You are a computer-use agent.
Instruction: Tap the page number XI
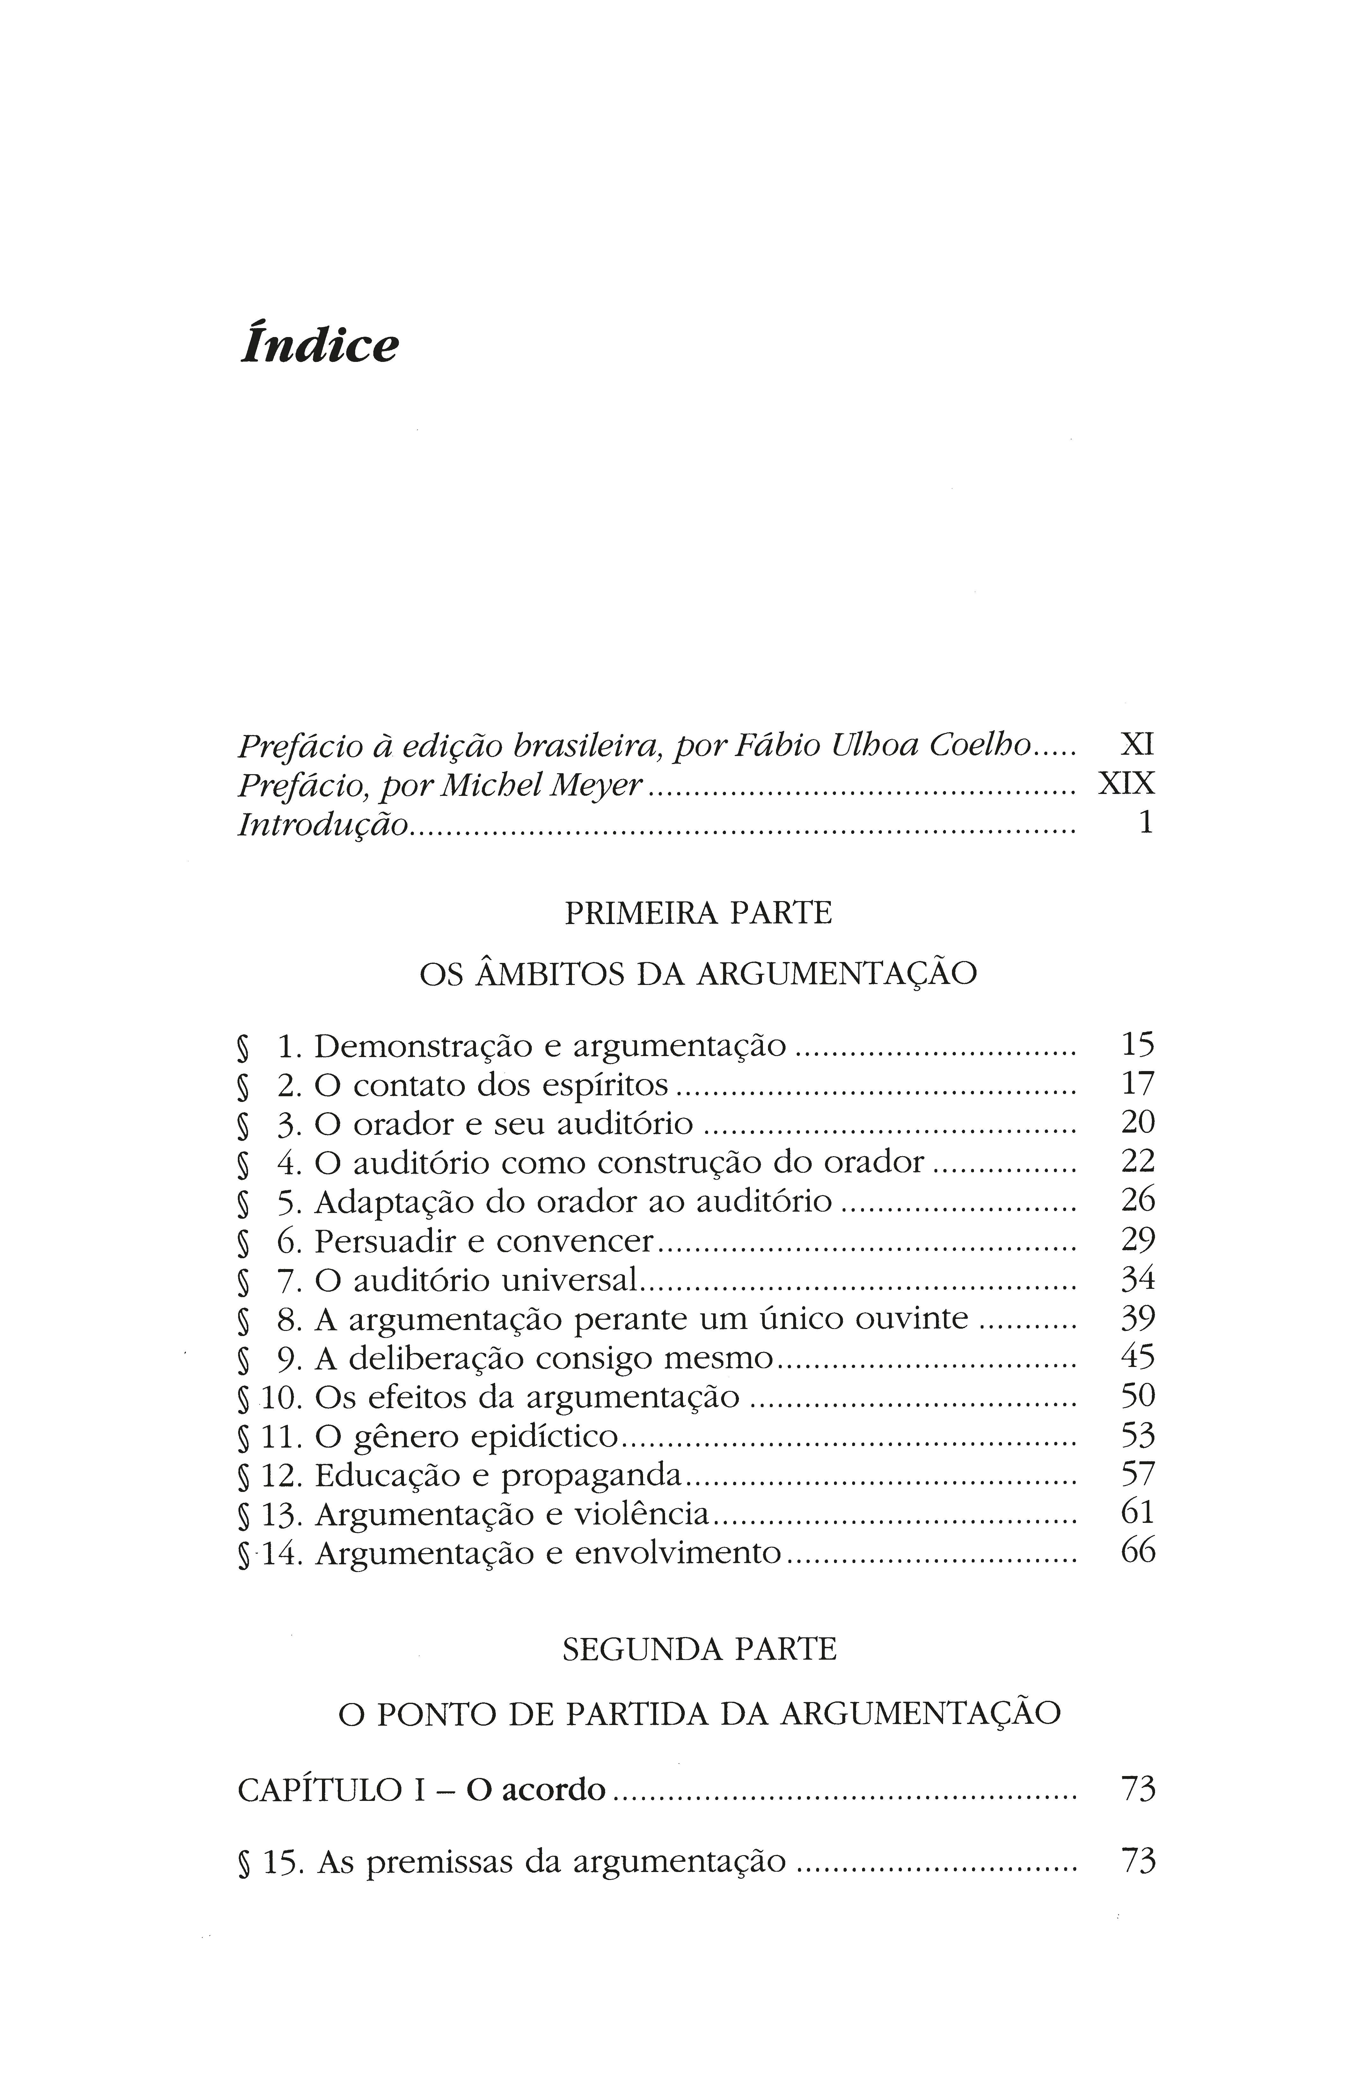(1137, 745)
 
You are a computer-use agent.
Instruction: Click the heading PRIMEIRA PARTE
(699, 913)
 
